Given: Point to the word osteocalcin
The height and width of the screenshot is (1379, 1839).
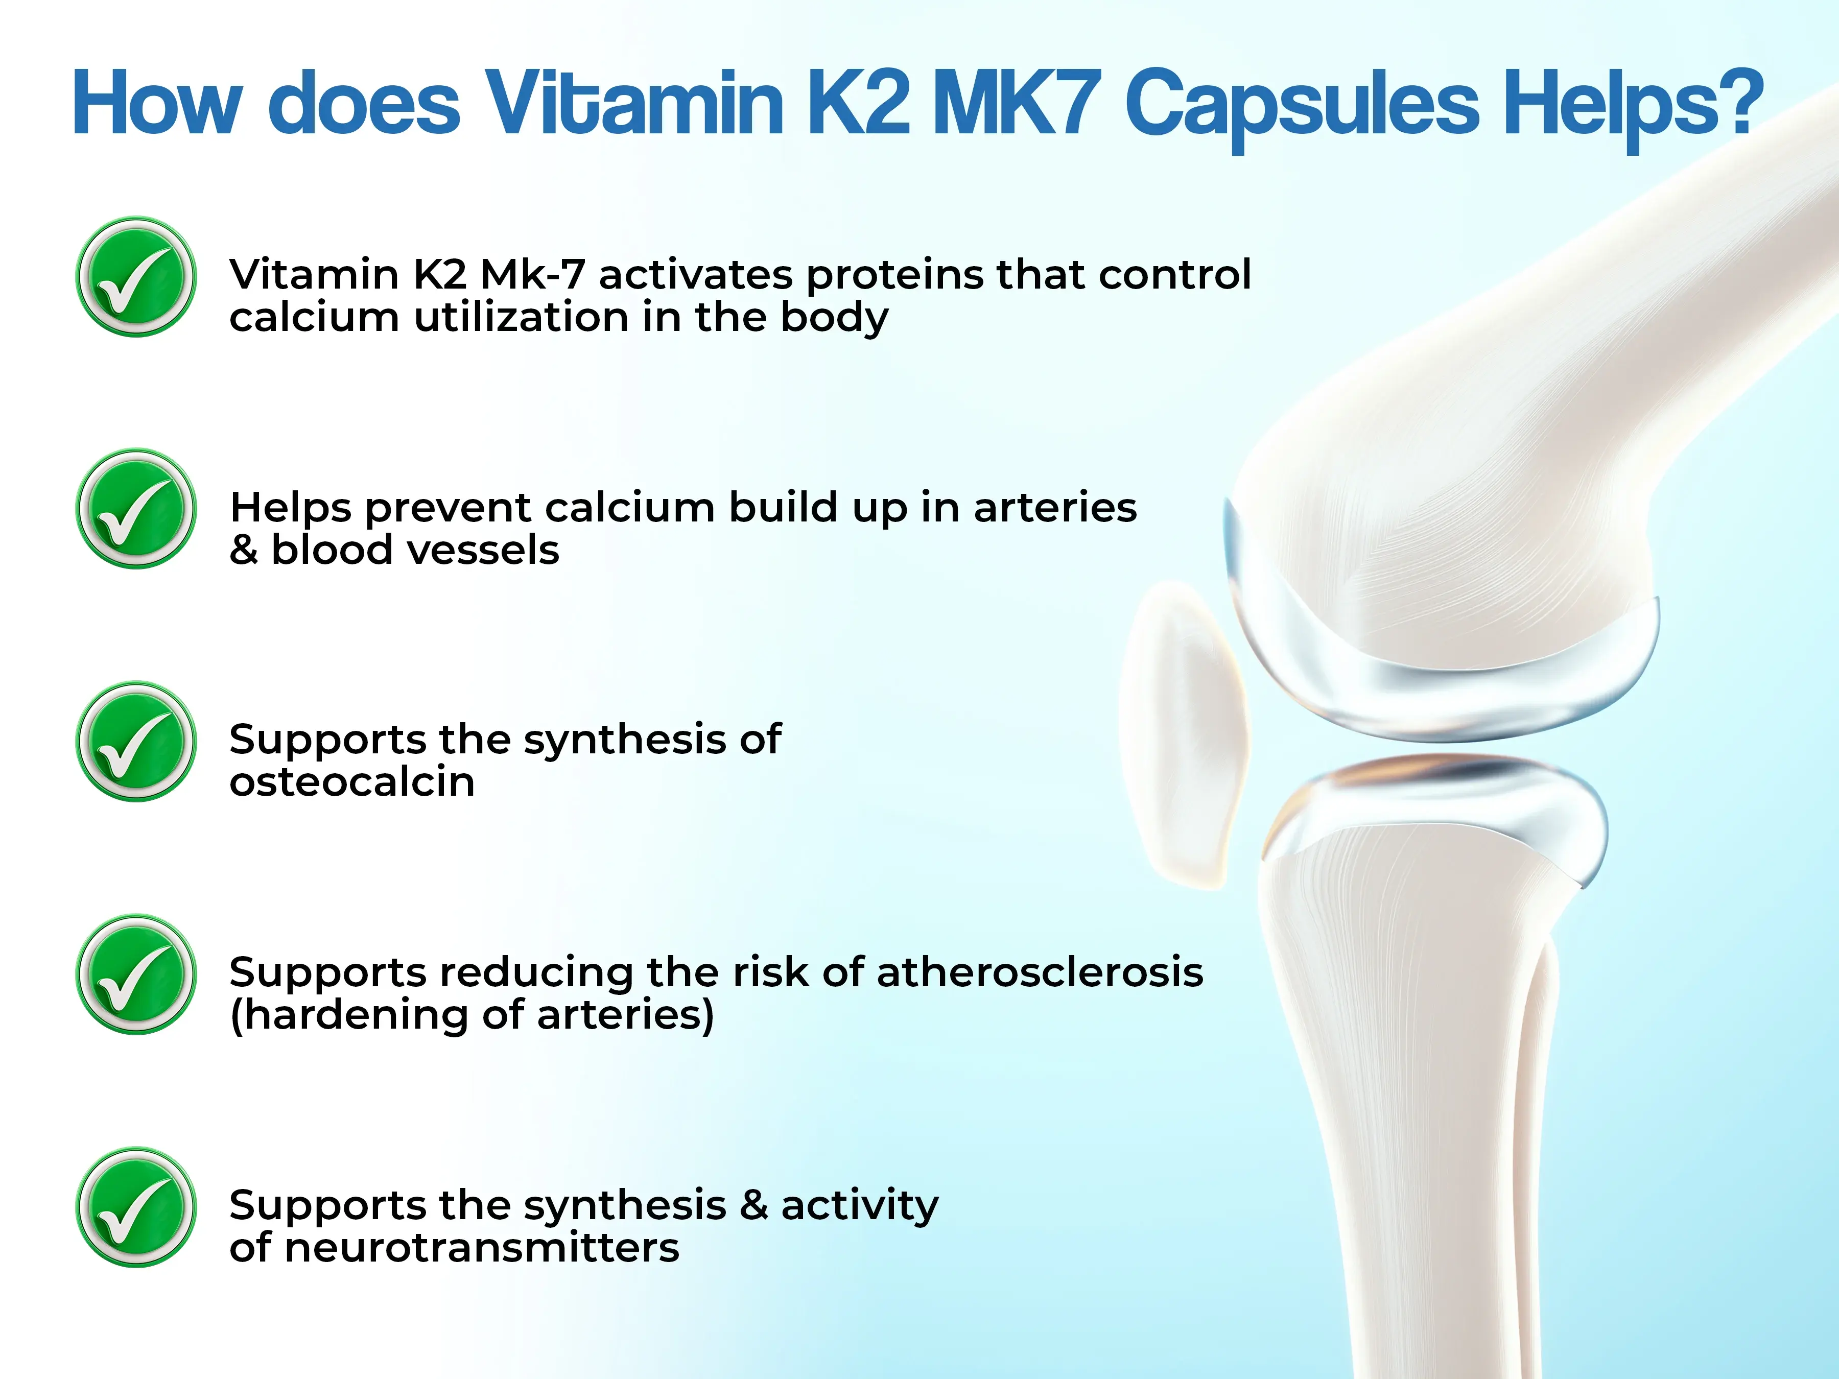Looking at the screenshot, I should pyautogui.click(x=351, y=782).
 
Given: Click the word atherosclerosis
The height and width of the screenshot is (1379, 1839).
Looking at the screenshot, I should pyautogui.click(x=1039, y=972).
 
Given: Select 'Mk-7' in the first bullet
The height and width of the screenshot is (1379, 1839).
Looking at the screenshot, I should pyautogui.click(x=532, y=274).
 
